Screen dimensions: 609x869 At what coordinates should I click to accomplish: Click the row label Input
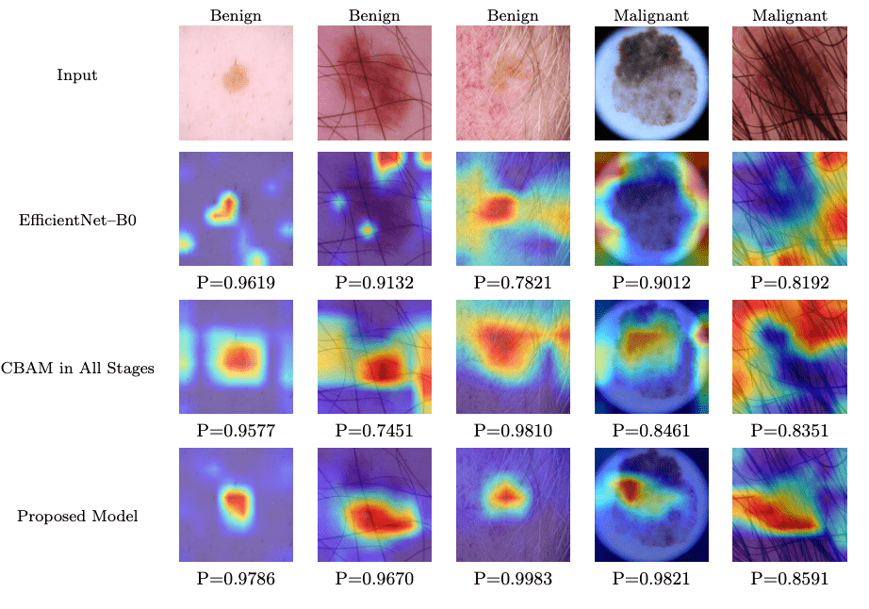[76, 74]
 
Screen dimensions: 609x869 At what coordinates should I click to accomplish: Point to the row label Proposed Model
[77, 516]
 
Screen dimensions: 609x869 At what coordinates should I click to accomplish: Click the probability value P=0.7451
[374, 431]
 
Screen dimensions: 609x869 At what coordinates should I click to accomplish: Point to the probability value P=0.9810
[513, 431]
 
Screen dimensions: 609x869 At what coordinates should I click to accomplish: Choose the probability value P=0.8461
[651, 431]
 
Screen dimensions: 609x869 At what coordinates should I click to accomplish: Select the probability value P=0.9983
[513, 578]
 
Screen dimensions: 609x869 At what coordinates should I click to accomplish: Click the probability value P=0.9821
[651, 578]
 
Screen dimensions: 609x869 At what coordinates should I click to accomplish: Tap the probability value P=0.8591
[789, 578]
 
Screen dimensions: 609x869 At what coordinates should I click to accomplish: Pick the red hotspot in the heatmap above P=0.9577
[238, 355]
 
